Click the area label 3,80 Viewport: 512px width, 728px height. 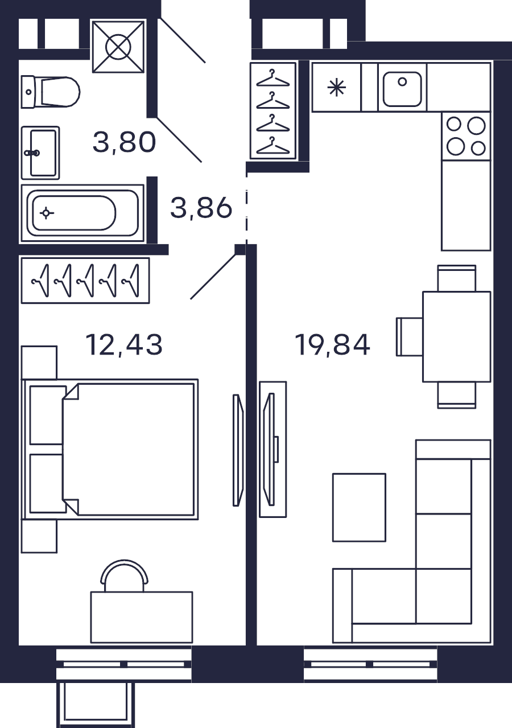[124, 142]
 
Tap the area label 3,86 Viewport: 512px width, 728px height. [201, 208]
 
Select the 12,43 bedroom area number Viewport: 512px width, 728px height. [123, 345]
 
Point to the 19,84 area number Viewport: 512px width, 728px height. [332, 345]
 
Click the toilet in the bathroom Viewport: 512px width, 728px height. [51, 92]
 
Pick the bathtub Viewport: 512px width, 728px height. [82, 213]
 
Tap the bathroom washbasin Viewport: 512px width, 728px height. [40, 153]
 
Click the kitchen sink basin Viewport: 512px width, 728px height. [402, 89]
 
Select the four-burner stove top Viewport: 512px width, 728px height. [466, 136]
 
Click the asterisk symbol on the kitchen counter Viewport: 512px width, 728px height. [337, 88]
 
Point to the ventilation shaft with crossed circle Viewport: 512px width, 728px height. [118, 47]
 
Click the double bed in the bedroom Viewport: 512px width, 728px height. [110, 450]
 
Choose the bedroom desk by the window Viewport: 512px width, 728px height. [142, 617]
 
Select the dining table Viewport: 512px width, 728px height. [456, 337]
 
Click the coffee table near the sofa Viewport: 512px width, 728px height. [359, 508]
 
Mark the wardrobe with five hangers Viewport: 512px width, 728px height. [85, 281]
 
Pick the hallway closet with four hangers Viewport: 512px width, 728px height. [273, 111]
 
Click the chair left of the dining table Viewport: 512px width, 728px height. [410, 337]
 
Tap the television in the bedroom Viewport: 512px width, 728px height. [238, 450]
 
